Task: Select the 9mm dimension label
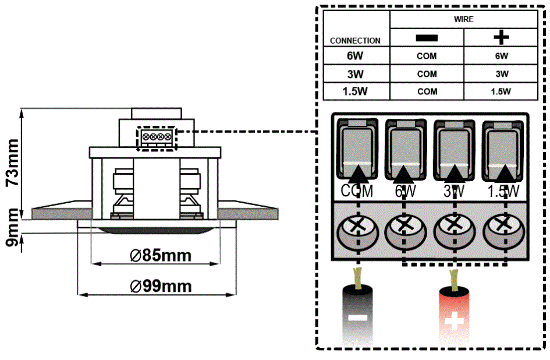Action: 12,230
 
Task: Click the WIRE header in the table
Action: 463,19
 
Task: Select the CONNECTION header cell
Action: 355,41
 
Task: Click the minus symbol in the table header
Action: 427,37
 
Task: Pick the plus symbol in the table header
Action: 501,37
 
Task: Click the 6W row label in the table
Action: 355,57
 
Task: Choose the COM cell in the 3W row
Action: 427,74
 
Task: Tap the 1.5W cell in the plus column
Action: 501,91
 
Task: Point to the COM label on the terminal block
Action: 357,191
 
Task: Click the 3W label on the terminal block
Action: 454,191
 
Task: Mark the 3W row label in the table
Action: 355,74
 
